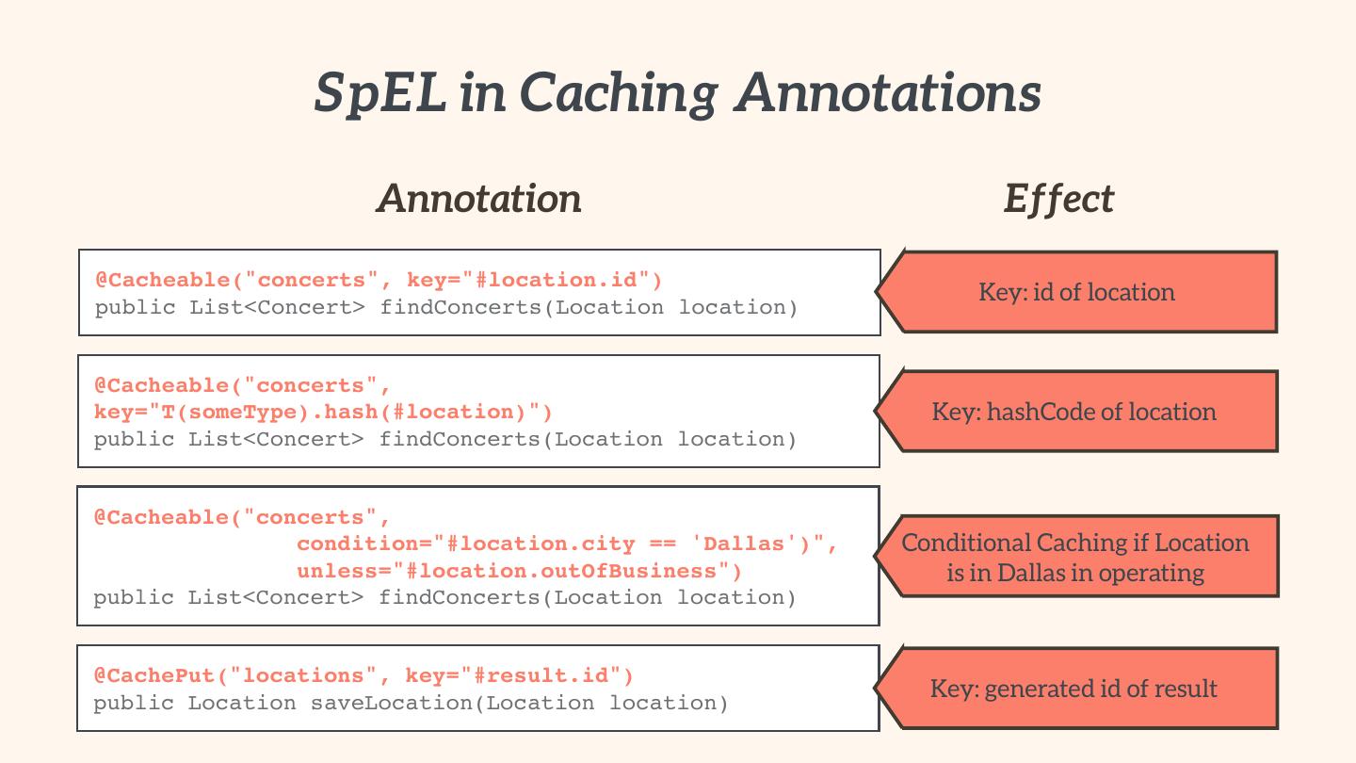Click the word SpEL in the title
click(x=380, y=92)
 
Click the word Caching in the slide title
click(x=618, y=94)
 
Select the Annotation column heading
click(x=479, y=199)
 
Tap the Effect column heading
click(x=1058, y=199)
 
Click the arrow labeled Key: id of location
click(x=1077, y=292)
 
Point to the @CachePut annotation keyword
click(x=154, y=676)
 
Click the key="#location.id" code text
click(x=535, y=281)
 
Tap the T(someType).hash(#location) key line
click(x=323, y=413)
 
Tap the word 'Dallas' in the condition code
click(x=744, y=544)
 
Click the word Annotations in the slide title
click(x=888, y=92)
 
